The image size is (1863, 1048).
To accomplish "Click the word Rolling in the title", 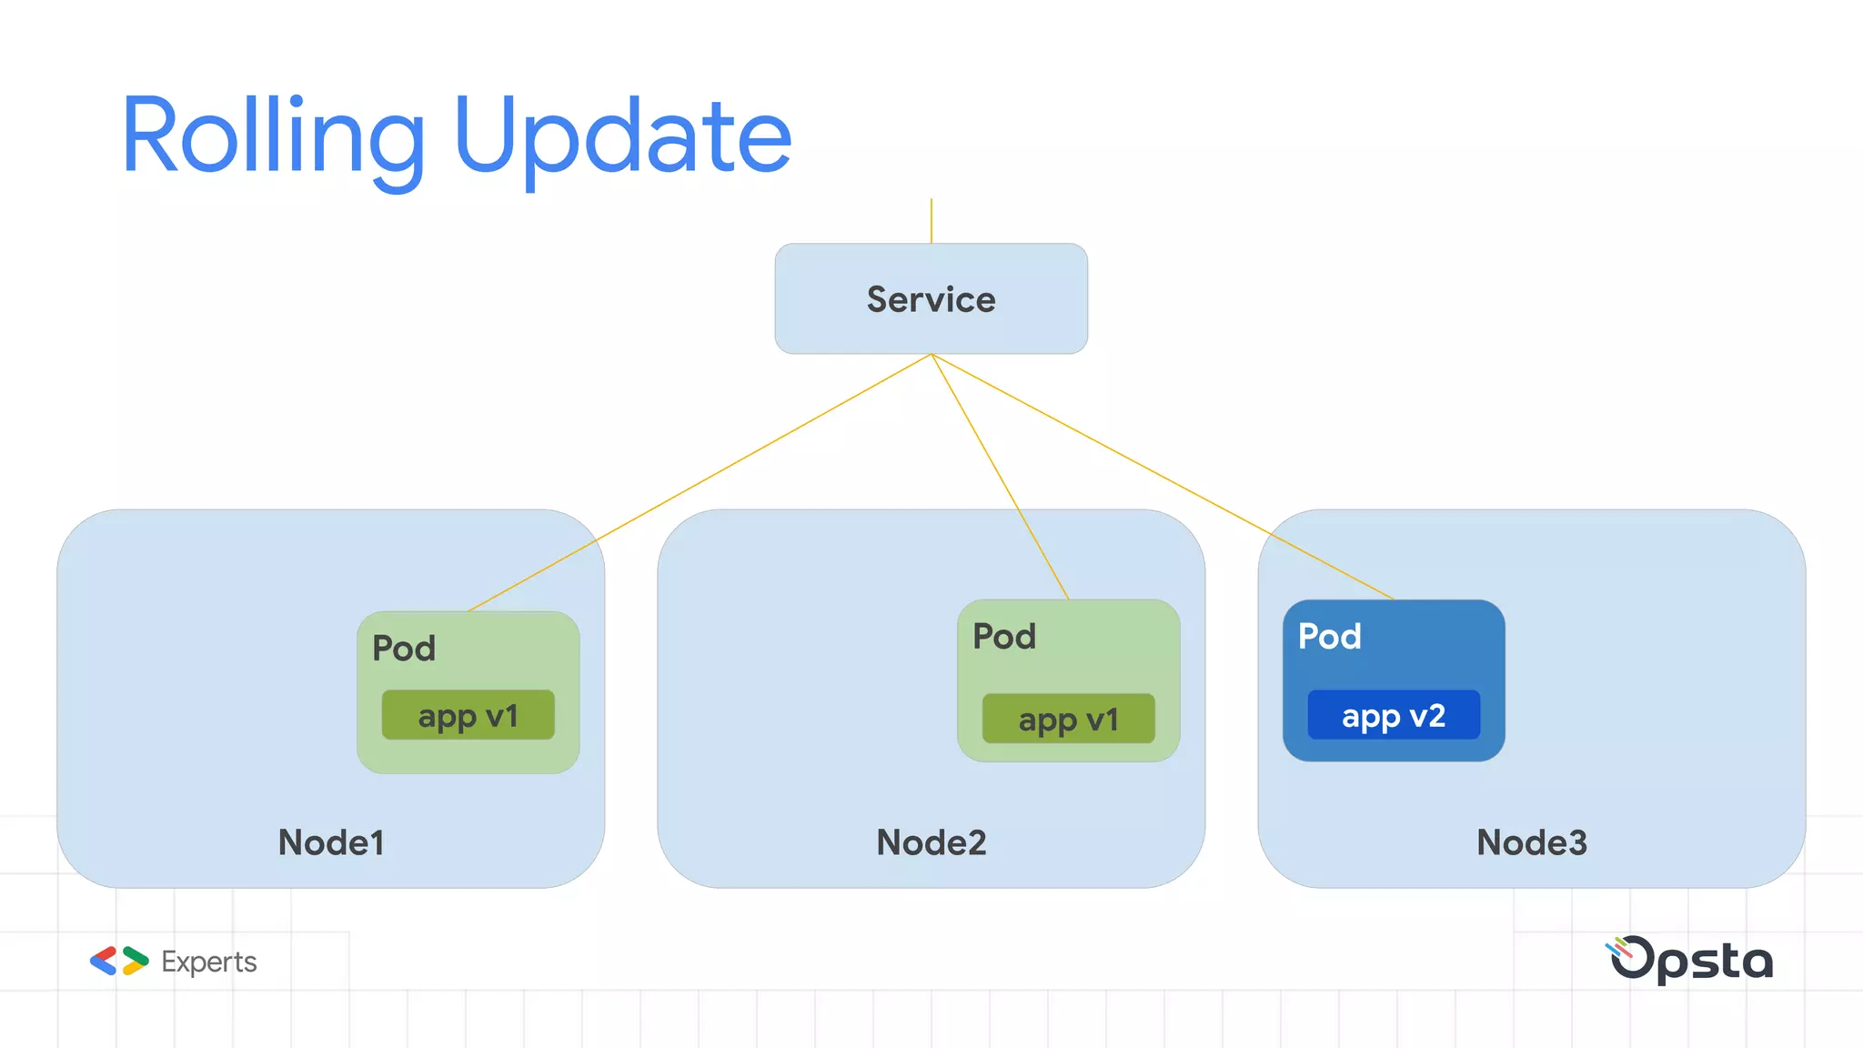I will coord(273,136).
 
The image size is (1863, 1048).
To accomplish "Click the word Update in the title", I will coord(623,136).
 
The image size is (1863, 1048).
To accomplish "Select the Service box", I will coord(931,298).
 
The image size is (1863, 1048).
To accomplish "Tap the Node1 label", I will coord(331,842).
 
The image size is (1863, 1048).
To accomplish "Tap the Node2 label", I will coord(931,842).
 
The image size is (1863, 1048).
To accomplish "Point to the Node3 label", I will coord(1531,842).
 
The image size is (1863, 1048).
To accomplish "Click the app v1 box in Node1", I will coord(468,715).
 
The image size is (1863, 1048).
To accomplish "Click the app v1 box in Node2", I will coord(1068,719).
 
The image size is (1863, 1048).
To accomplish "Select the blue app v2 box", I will coord(1393,715).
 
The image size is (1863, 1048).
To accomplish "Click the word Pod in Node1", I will coord(404,649).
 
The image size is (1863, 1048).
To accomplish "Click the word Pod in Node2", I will coord(1004,637).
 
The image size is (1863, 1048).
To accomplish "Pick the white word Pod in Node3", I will coord(1329,637).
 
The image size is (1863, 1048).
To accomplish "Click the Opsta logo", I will coord(1691,960).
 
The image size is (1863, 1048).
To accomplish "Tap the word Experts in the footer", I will coord(208,962).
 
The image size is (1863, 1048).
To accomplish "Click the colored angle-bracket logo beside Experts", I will coord(119,961).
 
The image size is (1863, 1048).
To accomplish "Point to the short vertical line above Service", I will coord(931,221).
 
